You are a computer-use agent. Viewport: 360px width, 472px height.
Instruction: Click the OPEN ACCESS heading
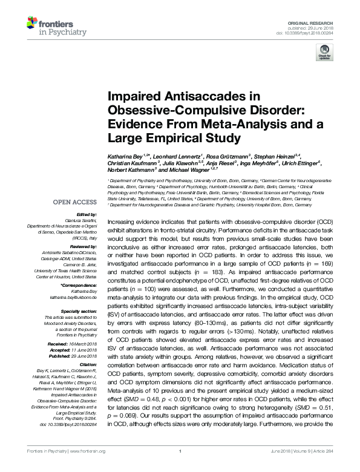(x=75, y=202)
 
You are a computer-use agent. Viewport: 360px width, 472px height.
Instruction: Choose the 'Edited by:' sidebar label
(x=86, y=214)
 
